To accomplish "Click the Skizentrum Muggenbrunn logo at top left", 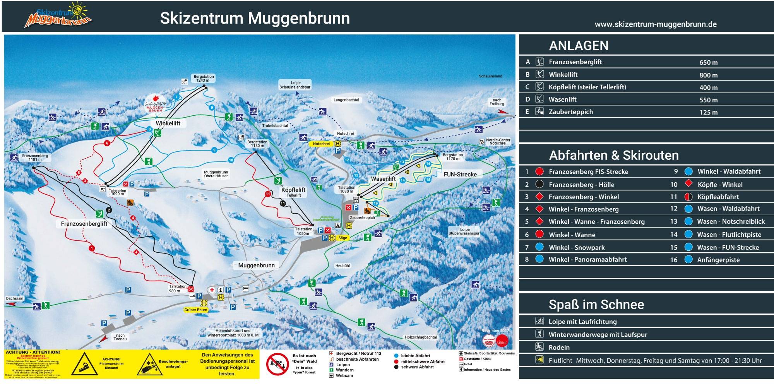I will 58,16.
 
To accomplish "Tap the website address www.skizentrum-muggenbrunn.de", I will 656,24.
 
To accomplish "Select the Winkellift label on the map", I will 168,123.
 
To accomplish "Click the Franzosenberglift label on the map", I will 84,224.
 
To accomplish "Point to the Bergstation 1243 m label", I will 204,78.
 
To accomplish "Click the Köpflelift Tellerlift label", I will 293,192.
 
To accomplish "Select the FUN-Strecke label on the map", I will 460,175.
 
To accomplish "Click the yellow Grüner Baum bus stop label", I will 196,310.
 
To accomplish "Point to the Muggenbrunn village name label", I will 256,265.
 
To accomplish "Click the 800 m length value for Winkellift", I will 708,75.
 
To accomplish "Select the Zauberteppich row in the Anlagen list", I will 570,112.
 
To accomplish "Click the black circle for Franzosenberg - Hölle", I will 539,184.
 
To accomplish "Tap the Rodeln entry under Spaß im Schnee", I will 559,347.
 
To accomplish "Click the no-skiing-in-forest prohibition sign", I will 277,364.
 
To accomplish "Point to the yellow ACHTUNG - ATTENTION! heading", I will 33,352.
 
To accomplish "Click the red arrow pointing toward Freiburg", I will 502,111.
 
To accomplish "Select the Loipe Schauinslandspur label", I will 295,85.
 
